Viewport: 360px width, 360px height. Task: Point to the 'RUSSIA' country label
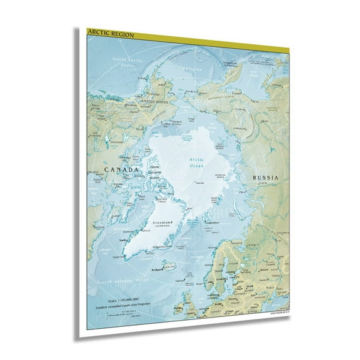tap(264, 178)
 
